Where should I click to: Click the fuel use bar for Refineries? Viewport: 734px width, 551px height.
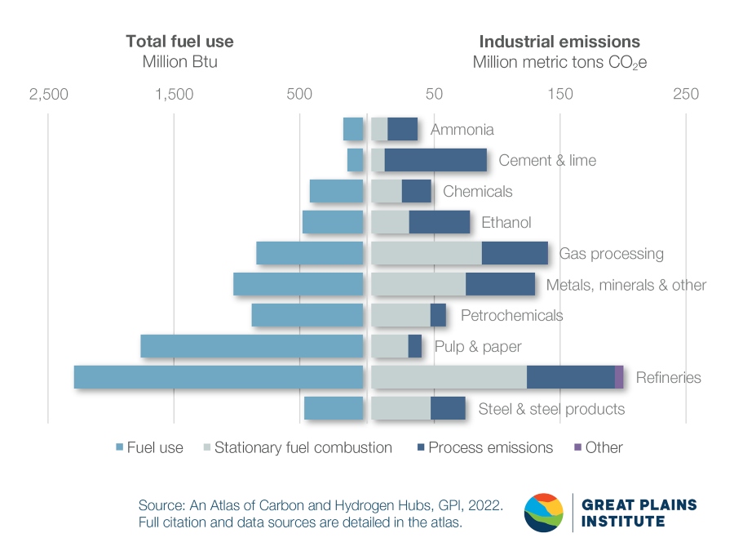(x=218, y=377)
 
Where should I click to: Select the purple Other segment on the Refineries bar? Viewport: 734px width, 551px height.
(x=619, y=377)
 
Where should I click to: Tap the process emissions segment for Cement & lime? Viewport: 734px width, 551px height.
(x=436, y=160)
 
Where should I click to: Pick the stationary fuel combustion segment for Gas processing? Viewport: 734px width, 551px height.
(x=426, y=253)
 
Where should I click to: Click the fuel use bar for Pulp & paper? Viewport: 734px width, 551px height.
(x=251, y=346)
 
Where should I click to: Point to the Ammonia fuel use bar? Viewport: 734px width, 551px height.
(x=353, y=129)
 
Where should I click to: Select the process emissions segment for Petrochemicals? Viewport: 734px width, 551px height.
(x=438, y=315)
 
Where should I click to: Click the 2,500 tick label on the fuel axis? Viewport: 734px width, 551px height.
(x=49, y=94)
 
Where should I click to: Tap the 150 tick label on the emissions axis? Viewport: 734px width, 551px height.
(x=560, y=94)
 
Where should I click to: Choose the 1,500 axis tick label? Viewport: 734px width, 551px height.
(x=174, y=94)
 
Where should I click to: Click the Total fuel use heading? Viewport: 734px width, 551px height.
(x=179, y=42)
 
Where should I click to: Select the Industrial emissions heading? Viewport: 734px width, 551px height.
(x=559, y=42)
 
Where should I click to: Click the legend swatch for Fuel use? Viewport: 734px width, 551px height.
(x=120, y=447)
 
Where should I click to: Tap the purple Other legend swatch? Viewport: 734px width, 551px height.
(x=578, y=447)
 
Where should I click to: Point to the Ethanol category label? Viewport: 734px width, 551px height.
(x=506, y=223)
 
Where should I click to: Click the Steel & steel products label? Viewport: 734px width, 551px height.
(x=551, y=409)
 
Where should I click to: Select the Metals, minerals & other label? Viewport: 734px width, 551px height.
(x=626, y=285)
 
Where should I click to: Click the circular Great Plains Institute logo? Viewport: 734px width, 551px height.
(x=544, y=513)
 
